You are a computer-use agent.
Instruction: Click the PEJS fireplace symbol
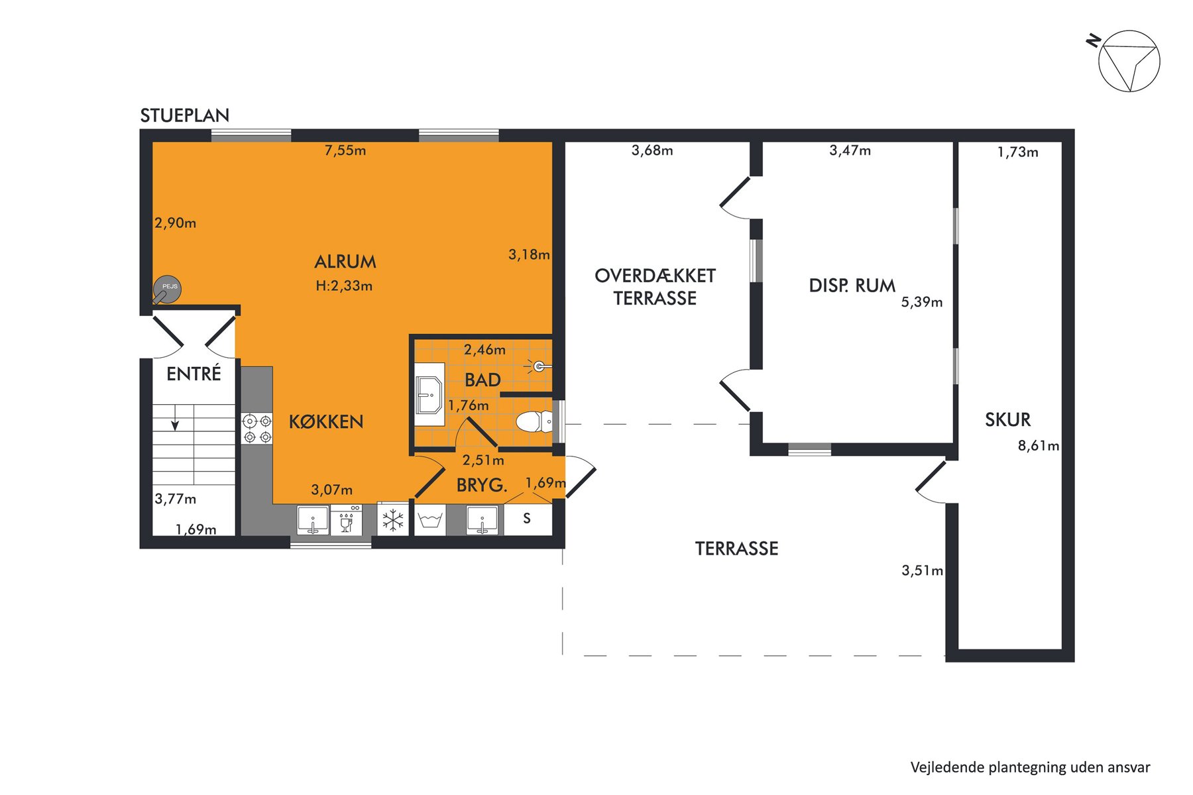pos(167,289)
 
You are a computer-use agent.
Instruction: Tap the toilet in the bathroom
pos(534,421)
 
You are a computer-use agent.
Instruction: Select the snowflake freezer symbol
pos(393,520)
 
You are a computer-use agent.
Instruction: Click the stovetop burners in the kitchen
pos(257,428)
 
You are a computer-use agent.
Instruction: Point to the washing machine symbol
pos(430,520)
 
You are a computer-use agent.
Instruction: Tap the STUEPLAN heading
pos(185,116)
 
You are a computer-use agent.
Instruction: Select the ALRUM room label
pos(345,262)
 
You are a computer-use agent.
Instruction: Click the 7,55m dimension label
pos(345,150)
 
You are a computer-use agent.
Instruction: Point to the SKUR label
pos(1008,420)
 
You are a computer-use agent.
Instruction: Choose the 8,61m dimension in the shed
pos(1039,446)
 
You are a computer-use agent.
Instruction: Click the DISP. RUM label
pos(852,286)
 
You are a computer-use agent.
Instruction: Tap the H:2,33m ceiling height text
pos(344,286)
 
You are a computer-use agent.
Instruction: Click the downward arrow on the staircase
pos(175,417)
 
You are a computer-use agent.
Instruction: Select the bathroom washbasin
pos(429,395)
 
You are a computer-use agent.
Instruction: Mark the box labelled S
pos(528,519)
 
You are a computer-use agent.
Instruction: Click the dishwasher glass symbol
pos(346,520)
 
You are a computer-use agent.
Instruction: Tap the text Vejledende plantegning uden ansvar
pos(1031,768)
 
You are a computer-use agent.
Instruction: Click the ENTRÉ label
pos(194,374)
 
